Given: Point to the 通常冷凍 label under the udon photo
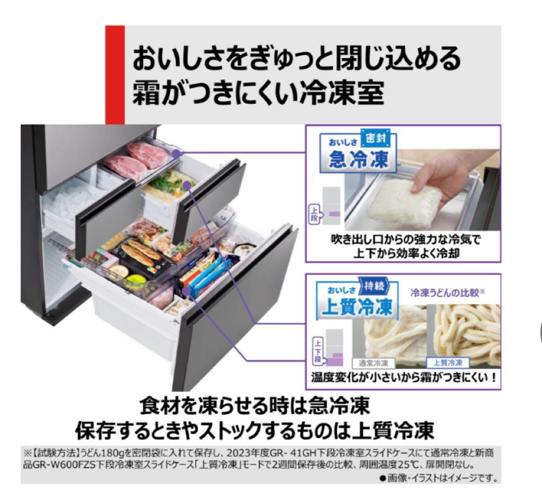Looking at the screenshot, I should pyautogui.click(x=374, y=362).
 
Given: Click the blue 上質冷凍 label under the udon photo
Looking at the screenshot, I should pyautogui.click(x=448, y=362).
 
